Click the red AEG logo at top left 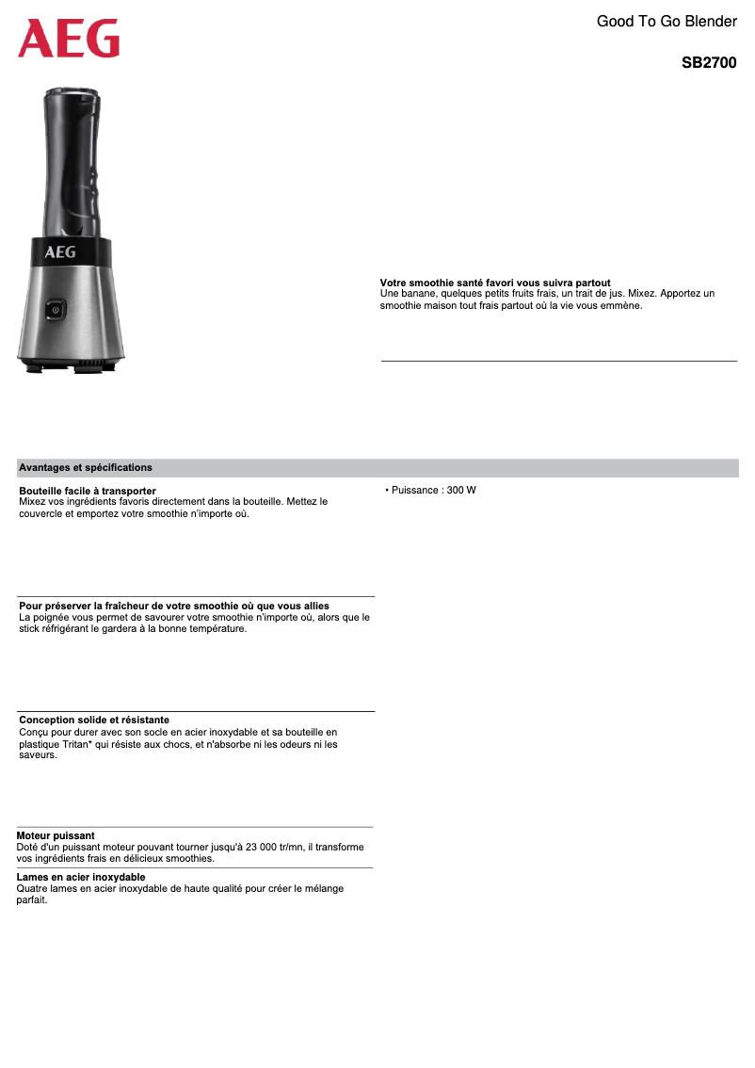69,39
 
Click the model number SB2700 709,63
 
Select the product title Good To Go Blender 667,21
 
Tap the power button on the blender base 56,309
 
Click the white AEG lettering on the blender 60,251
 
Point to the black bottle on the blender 71,160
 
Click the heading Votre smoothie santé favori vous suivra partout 495,283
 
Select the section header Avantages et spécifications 86,467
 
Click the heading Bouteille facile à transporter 88,491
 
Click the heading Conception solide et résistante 94,720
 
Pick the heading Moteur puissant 56,835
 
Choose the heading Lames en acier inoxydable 81,877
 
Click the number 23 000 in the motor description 276,847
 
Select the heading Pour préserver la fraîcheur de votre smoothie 174,605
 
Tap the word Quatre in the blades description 32,888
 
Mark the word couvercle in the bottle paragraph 42,513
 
